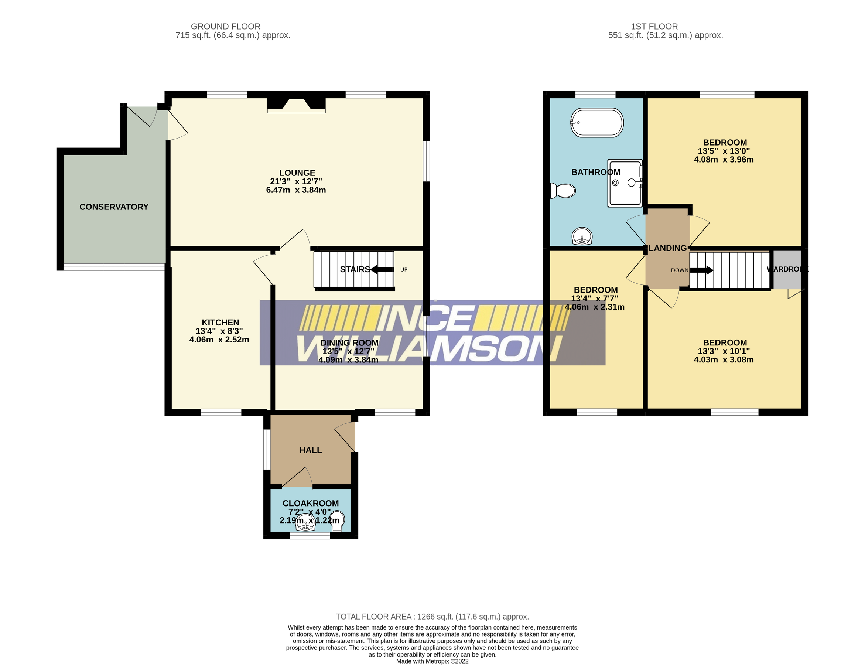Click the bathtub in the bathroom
click(x=597, y=123)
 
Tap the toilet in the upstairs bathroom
click(x=564, y=191)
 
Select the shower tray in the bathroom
click(x=624, y=183)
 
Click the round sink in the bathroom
click(x=582, y=237)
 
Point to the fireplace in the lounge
click(x=296, y=105)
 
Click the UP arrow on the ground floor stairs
click(x=382, y=270)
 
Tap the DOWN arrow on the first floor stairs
click(x=702, y=270)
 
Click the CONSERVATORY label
click(x=114, y=207)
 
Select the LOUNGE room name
click(x=297, y=173)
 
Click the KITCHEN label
click(x=220, y=323)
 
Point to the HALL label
click(x=311, y=450)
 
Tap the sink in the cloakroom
click(x=305, y=525)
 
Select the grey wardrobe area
click(x=787, y=269)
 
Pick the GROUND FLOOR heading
click(x=226, y=27)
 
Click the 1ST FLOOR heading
click(x=654, y=27)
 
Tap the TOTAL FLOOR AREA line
click(x=432, y=617)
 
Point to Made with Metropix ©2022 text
click(x=432, y=661)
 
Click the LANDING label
click(x=667, y=248)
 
